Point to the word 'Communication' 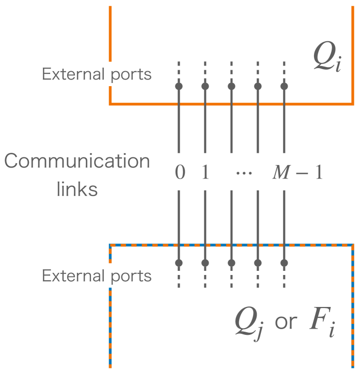coord(77,161)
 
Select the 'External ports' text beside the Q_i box coord(97,74)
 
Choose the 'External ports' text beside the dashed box coord(97,276)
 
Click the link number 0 coord(179,173)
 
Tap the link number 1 coord(205,173)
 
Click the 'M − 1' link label coord(296,173)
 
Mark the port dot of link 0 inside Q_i coord(179,86)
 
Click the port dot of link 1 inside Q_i coord(205,86)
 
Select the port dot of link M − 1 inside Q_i coord(284,86)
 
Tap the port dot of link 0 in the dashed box coord(179,263)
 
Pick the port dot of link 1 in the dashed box coord(205,263)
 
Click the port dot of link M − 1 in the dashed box coord(284,263)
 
